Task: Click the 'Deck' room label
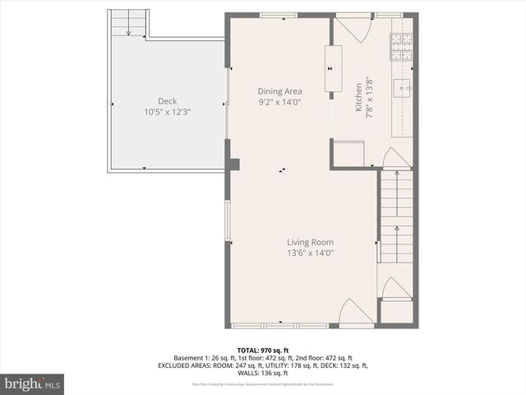click(x=144, y=101)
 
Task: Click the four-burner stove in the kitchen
click(x=400, y=49)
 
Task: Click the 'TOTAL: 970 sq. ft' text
click(x=263, y=351)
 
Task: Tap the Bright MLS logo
click(x=33, y=383)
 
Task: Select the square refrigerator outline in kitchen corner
click(x=348, y=153)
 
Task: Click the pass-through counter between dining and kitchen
click(x=334, y=67)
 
